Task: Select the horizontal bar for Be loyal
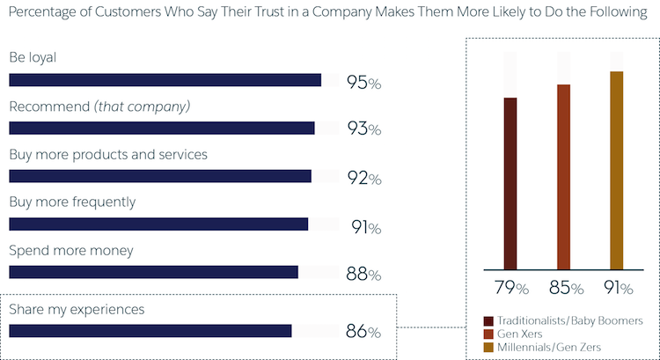click(x=165, y=80)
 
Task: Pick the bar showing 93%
click(x=161, y=129)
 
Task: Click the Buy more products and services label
click(x=108, y=154)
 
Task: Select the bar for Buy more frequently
click(x=158, y=224)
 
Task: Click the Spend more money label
click(x=71, y=250)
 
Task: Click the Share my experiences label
click(x=77, y=309)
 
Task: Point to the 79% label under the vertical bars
click(x=510, y=288)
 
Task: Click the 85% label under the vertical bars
click(x=564, y=288)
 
